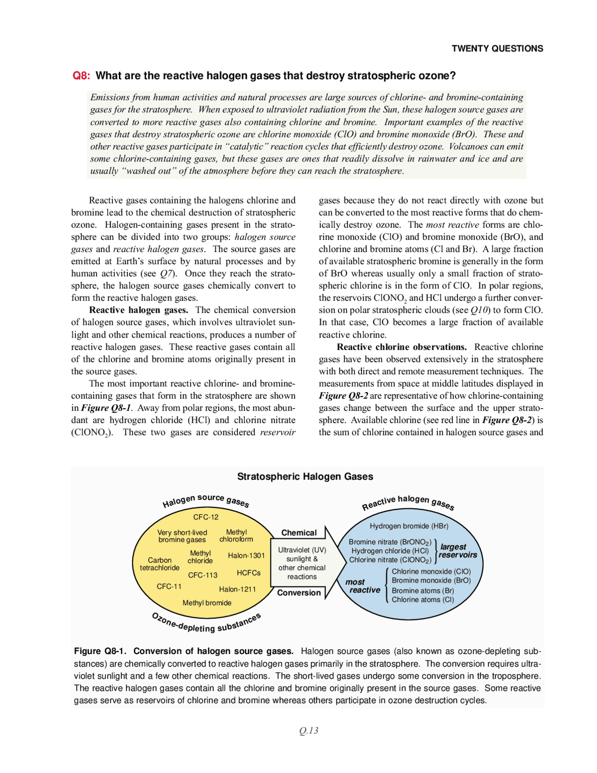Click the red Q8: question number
(x=82, y=76)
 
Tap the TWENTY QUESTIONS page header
(x=497, y=49)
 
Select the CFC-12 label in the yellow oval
(x=206, y=517)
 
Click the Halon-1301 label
(x=246, y=555)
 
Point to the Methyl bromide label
(x=207, y=603)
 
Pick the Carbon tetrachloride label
(x=160, y=564)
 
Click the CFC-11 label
(x=169, y=587)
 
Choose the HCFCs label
(x=249, y=573)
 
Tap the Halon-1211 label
(x=237, y=589)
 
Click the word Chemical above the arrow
(x=299, y=533)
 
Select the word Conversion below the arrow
(x=299, y=593)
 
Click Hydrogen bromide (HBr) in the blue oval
(x=409, y=526)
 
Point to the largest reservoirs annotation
(x=458, y=551)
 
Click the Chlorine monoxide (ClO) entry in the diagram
(x=431, y=571)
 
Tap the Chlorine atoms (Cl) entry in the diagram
(x=423, y=600)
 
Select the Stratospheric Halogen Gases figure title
(x=305, y=477)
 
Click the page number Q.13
(x=309, y=731)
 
